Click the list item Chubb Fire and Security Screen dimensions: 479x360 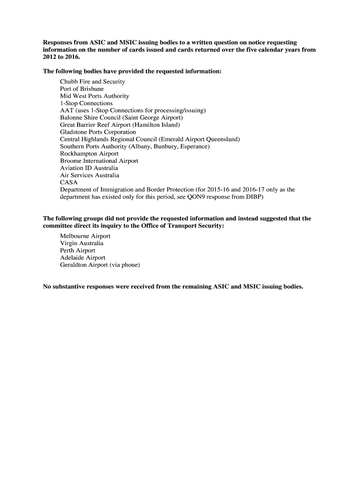(93, 81)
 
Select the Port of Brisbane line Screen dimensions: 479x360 (82, 89)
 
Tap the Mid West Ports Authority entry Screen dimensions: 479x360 (94, 96)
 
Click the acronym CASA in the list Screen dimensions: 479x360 (69, 182)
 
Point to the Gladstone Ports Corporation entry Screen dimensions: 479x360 (98, 132)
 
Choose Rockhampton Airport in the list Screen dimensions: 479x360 (89, 153)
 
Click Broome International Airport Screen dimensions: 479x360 (99, 161)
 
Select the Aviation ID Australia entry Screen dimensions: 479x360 (89, 168)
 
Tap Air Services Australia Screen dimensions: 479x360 (89, 175)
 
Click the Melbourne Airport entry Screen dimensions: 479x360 (85, 236)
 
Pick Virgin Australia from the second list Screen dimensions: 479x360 (82, 243)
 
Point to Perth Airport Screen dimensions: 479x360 (78, 251)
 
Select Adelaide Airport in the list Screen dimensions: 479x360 (83, 258)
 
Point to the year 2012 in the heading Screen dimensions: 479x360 (50, 57)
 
